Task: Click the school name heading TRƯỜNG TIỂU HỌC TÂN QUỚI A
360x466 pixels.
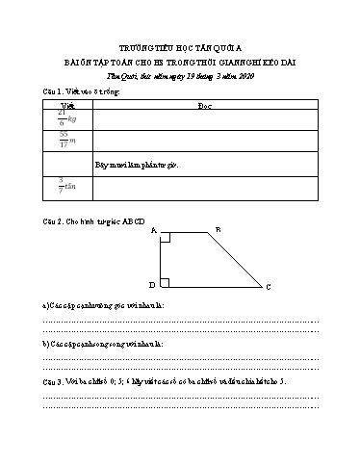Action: [180, 46]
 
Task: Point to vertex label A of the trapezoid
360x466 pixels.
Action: [154, 231]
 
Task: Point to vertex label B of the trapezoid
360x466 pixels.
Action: [218, 229]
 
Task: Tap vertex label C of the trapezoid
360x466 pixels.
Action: [268, 288]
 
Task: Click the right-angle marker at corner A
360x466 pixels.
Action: [166, 236]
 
